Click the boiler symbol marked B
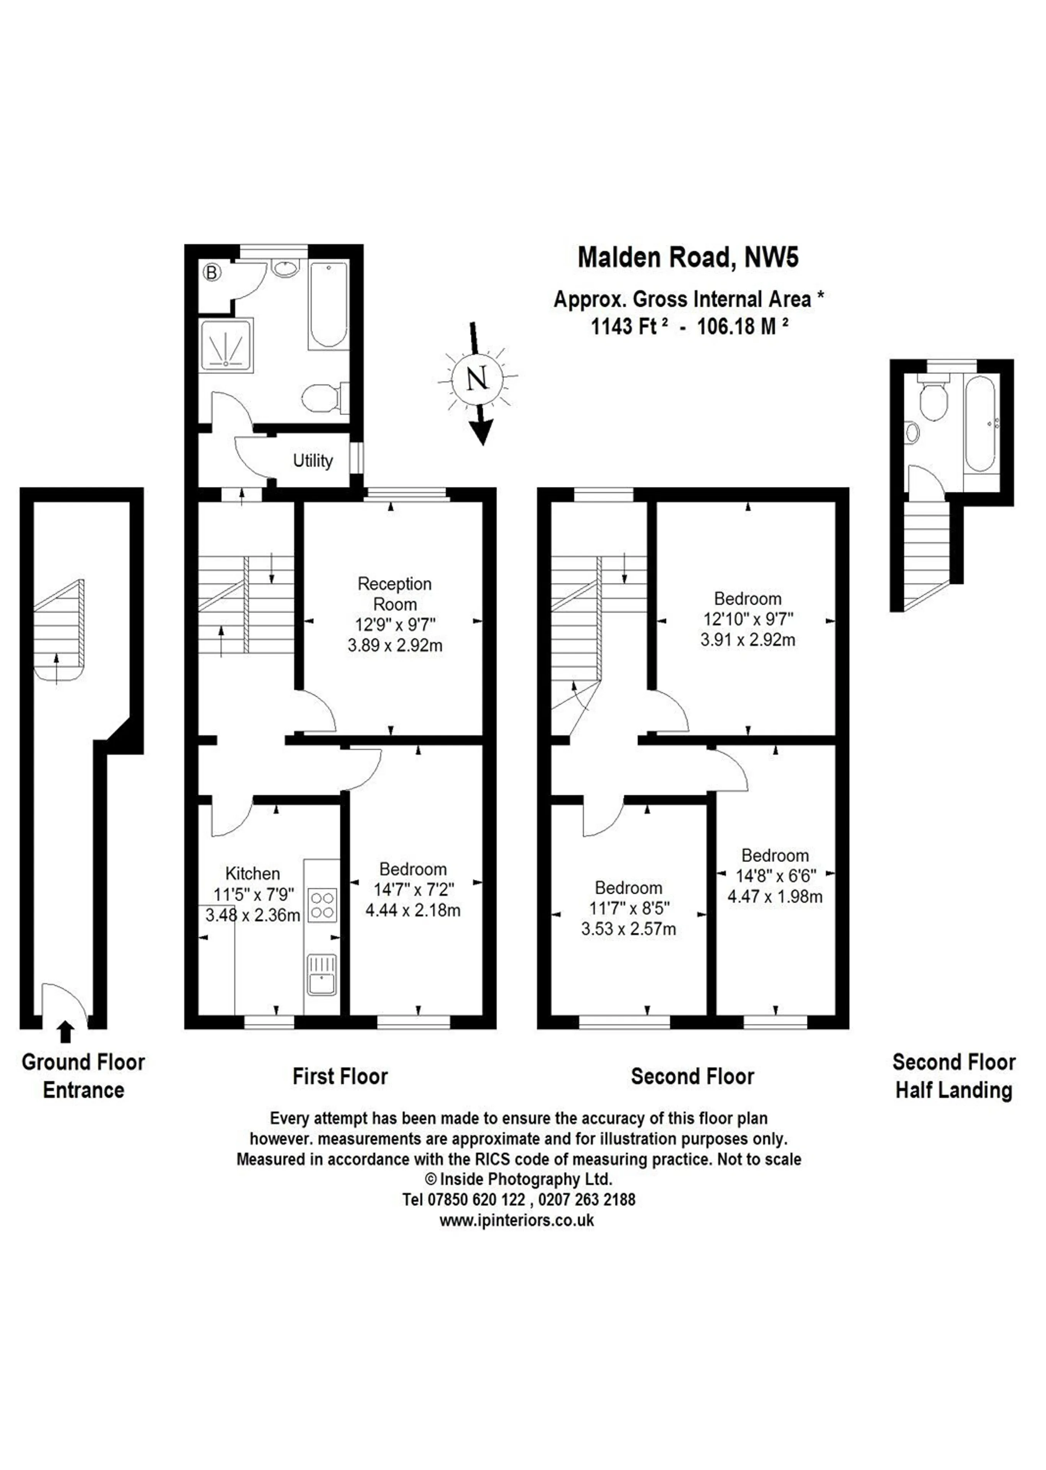(212, 272)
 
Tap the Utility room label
(313, 461)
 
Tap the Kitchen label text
(253, 874)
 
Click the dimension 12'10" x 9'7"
(748, 619)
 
